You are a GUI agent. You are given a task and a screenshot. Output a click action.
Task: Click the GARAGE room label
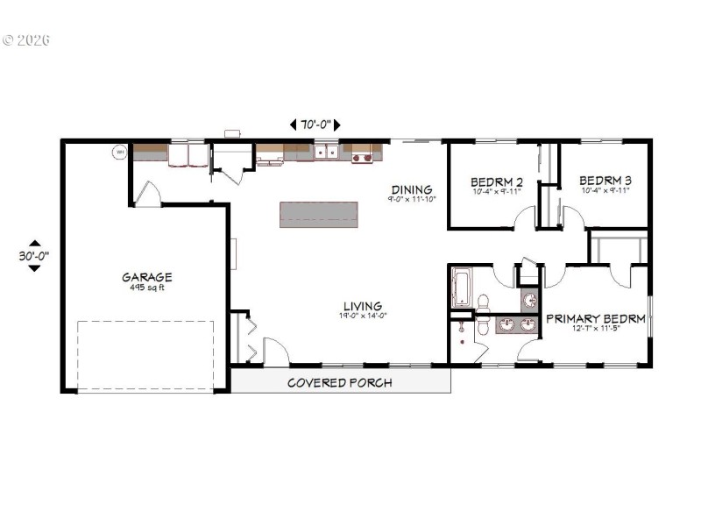[x=146, y=277]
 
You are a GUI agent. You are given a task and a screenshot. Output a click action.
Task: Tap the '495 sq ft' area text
[x=146, y=288]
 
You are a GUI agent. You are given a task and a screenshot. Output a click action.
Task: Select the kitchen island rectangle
[x=319, y=215]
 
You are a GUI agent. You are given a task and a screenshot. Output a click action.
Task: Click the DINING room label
[x=412, y=188]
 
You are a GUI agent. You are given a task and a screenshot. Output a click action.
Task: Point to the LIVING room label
[x=363, y=306]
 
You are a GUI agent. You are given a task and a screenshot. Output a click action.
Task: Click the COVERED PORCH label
[x=340, y=382]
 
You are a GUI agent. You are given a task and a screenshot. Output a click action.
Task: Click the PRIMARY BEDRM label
[x=596, y=318]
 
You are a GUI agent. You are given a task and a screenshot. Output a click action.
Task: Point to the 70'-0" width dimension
[x=315, y=124]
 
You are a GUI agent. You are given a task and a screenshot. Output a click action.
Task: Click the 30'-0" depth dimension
[x=33, y=256]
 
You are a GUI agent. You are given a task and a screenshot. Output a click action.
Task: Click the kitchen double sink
[x=327, y=153]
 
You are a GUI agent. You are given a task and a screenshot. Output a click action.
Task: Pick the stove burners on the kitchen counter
[x=361, y=157]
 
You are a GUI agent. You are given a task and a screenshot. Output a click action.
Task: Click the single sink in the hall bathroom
[x=528, y=300]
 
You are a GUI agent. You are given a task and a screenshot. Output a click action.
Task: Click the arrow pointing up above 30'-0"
[x=33, y=244]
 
